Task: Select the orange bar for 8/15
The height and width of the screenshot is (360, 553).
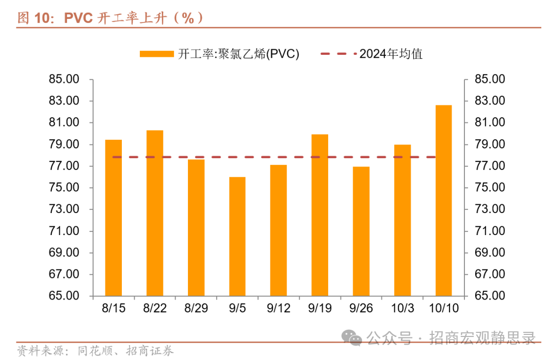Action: coord(113,218)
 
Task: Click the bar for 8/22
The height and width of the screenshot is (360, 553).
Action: coord(155,213)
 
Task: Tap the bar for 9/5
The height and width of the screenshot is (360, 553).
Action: coord(237,236)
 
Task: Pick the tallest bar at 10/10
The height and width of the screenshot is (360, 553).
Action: coord(443,200)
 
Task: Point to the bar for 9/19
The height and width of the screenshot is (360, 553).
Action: coord(320,215)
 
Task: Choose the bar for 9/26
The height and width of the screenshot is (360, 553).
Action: coord(361,231)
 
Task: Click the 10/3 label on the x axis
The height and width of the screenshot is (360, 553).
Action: coord(402,308)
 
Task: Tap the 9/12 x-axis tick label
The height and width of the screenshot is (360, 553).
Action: coord(279,308)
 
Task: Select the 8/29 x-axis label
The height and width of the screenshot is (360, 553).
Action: coord(196,308)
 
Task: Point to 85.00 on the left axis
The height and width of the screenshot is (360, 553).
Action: coord(65,79)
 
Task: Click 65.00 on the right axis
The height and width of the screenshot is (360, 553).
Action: coord(490,296)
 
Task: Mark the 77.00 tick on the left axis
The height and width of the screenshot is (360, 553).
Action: coord(65,166)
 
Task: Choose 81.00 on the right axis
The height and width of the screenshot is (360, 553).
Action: coord(490,122)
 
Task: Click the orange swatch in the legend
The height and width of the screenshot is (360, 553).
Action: coord(156,54)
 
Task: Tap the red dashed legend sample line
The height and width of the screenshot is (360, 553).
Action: coord(337,54)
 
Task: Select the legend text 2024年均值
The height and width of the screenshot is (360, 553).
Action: coord(391,54)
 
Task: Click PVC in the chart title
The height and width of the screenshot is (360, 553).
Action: coord(78,18)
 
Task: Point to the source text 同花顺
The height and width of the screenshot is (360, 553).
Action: coord(92,351)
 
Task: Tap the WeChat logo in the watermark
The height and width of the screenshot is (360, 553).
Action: coord(353,337)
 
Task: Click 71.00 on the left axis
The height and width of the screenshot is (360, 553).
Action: coord(65,231)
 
